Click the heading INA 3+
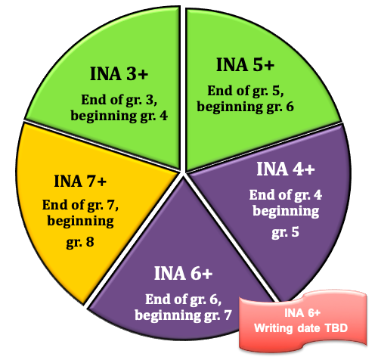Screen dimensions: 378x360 pos(119,73)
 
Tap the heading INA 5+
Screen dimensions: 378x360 pos(245,65)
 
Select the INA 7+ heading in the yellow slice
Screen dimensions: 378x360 pos(80,181)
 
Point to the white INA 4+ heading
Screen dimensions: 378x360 pos(286,169)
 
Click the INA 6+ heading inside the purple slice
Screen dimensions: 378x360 pos(183,273)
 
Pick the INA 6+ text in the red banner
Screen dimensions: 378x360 pos(302,313)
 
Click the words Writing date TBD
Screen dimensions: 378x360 pos(301,328)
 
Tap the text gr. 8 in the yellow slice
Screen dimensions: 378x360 pos(80,242)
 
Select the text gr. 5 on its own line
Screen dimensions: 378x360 pos(285,232)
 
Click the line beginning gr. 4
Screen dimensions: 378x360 pos(119,116)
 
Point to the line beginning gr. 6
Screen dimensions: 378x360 pos(245,107)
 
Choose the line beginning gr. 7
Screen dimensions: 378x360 pos(183,315)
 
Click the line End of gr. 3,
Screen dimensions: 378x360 pos(119,100)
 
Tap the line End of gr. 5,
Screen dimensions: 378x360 pos(246,91)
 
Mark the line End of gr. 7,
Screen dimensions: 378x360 pos(80,205)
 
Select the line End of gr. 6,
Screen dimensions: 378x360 pos(184,299)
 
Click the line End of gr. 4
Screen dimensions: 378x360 pos(286,195)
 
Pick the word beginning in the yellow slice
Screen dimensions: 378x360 pos(81,222)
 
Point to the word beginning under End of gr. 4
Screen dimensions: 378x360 pos(286,211)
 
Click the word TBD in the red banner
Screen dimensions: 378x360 pos(336,328)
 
